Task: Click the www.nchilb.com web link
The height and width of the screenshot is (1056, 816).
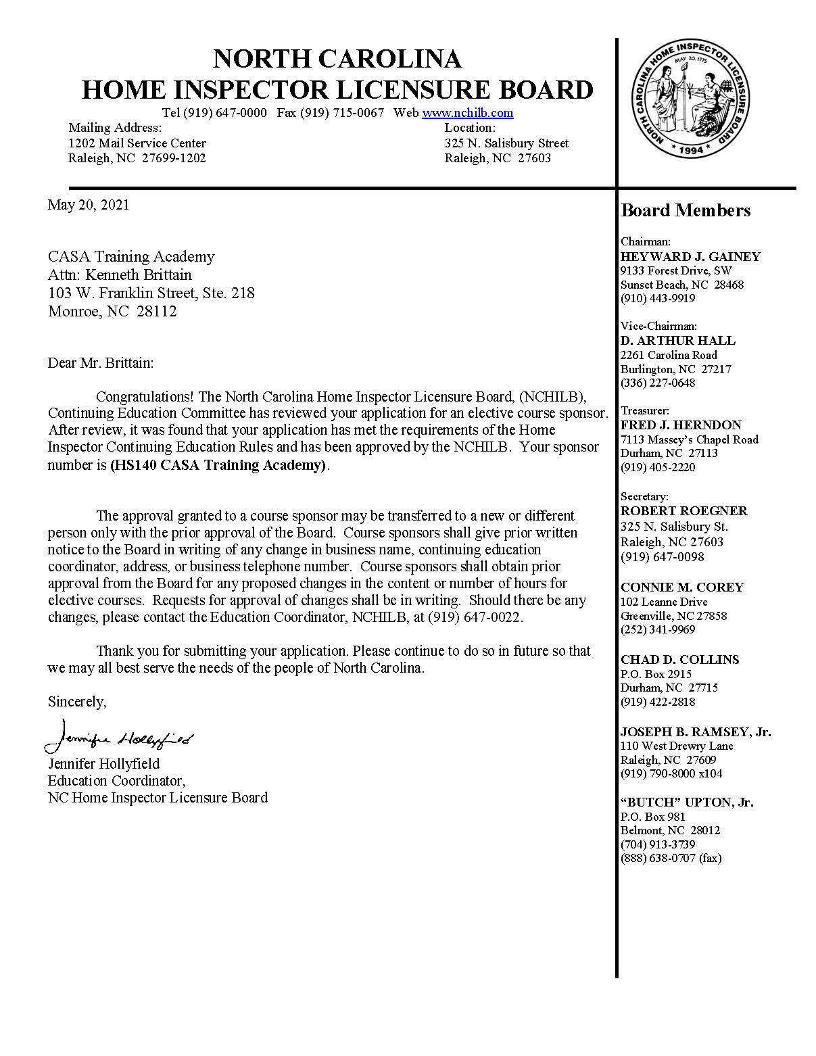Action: tap(467, 113)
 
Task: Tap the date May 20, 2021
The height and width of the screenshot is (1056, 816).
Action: tap(88, 205)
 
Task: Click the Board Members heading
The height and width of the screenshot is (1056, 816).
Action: tap(686, 211)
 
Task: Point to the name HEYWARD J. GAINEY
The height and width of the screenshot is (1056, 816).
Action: tap(690, 257)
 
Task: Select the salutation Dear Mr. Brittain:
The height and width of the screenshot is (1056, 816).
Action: tap(101, 363)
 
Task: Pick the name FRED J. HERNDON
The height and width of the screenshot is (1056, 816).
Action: tap(681, 425)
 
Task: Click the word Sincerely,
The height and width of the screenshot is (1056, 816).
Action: tap(76, 702)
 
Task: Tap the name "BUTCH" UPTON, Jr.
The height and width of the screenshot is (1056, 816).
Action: tap(687, 802)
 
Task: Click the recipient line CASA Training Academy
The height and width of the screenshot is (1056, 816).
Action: tap(130, 257)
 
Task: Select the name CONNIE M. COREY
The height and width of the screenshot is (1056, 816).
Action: tap(682, 587)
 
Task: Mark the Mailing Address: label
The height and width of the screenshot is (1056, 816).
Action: tap(115, 128)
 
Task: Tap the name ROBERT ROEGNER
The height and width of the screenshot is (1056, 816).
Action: tap(683, 511)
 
